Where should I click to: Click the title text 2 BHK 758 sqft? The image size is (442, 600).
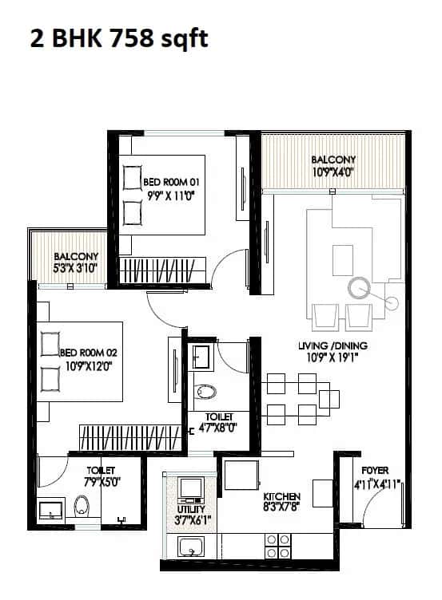click(119, 38)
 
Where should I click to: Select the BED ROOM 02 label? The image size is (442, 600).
click(89, 352)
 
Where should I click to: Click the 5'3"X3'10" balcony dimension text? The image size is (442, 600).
click(75, 268)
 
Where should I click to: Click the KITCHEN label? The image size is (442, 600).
click(281, 495)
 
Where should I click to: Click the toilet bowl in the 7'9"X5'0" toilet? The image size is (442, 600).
click(82, 504)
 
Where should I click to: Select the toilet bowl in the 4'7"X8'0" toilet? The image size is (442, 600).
click(205, 391)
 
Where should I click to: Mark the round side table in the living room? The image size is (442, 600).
click(392, 302)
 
